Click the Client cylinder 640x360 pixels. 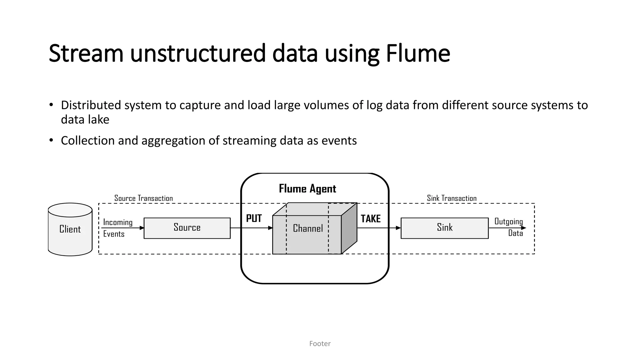pos(70,229)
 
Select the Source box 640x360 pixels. pos(187,228)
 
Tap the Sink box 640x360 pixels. pos(444,228)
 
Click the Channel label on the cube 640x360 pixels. pos(308,229)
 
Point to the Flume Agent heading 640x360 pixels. pos(307,189)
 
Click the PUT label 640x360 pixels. pos(254,218)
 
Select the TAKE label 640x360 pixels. pos(371,219)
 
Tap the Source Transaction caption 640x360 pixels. pos(143,198)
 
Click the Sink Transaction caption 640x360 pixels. pos(452,198)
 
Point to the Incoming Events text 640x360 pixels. pos(117,228)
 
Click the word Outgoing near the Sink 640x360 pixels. pos(508,222)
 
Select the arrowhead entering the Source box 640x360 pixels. pos(142,228)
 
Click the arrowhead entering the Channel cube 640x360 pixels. pos(270,228)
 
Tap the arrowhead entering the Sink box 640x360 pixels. pos(398,228)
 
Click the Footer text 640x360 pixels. pos(320,344)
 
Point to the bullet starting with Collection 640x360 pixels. pos(208,141)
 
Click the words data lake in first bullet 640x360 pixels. pos(85,120)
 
